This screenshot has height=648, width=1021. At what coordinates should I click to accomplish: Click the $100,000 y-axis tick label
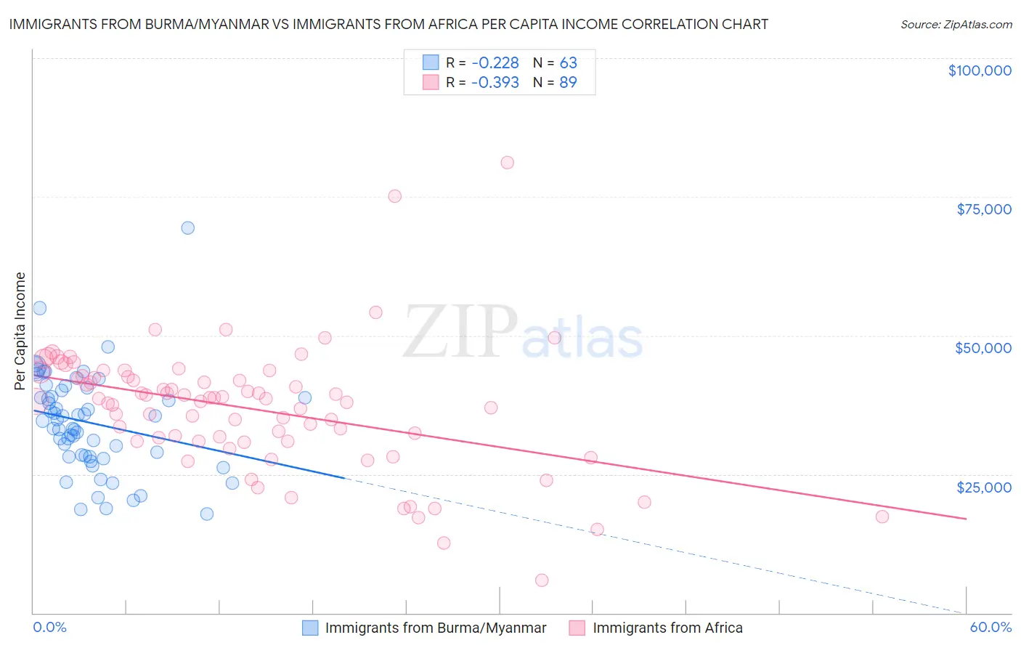pyautogui.click(x=979, y=70)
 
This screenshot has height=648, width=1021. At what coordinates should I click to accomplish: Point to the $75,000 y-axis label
pyautogui.click(x=983, y=209)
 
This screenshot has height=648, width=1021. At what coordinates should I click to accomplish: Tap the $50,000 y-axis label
pyautogui.click(x=983, y=348)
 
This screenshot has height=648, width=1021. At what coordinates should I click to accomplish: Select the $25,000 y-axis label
pyautogui.click(x=983, y=487)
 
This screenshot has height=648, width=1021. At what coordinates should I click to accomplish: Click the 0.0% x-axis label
pyautogui.click(x=49, y=627)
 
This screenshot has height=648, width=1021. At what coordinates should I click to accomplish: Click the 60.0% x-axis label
pyautogui.click(x=991, y=627)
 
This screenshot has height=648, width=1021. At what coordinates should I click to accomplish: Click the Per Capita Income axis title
pyautogui.click(x=20, y=331)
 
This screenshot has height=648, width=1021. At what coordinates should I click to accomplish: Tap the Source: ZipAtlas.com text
pyautogui.click(x=956, y=24)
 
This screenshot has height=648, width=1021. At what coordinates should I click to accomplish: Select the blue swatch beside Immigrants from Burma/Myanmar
pyautogui.click(x=310, y=628)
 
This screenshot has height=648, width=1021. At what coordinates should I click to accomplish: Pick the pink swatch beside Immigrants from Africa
pyautogui.click(x=577, y=628)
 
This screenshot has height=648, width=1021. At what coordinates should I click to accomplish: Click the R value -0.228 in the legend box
pyautogui.click(x=495, y=62)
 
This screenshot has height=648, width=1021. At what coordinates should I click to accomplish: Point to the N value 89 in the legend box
pyautogui.click(x=568, y=82)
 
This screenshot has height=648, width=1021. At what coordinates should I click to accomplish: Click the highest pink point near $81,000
pyautogui.click(x=507, y=163)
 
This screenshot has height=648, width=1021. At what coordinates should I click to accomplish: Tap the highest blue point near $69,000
pyautogui.click(x=187, y=228)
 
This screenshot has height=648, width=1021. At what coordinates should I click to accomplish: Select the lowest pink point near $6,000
pyautogui.click(x=542, y=580)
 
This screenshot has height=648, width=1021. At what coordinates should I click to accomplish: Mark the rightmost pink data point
pyautogui.click(x=882, y=517)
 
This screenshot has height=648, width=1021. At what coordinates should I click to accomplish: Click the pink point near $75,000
pyautogui.click(x=394, y=196)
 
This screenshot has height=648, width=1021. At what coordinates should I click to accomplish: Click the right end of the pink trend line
pyautogui.click(x=966, y=519)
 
